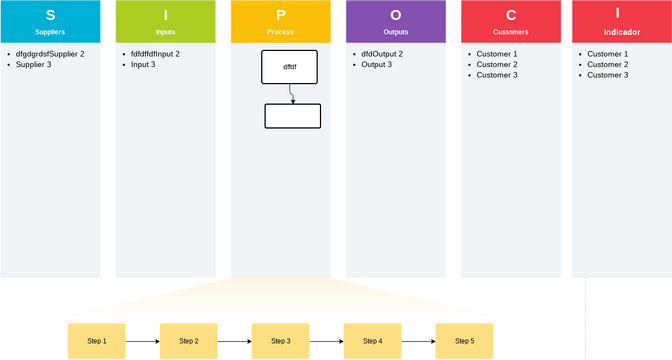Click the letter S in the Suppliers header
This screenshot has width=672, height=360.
click(50, 15)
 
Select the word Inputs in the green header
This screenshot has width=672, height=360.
click(165, 32)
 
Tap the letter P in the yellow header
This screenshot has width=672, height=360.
click(280, 15)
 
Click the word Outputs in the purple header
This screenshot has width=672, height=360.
click(396, 32)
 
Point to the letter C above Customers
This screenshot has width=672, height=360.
click(511, 15)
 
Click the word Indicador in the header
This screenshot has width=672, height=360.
click(622, 32)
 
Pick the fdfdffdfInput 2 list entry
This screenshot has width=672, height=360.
click(155, 53)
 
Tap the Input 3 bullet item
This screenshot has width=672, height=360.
click(143, 64)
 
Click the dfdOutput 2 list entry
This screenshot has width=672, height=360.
click(382, 53)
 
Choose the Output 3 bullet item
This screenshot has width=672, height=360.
click(376, 64)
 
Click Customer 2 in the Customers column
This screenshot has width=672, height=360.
click(497, 64)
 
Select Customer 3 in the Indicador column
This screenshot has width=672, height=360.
click(607, 75)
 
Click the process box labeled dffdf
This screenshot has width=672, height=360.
click(289, 66)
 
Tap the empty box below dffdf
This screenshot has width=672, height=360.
click(292, 116)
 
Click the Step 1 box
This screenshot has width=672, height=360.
click(97, 341)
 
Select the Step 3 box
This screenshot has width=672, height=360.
click(281, 341)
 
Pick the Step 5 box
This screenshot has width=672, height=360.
click(465, 341)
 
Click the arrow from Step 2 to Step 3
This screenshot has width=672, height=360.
click(235, 341)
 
